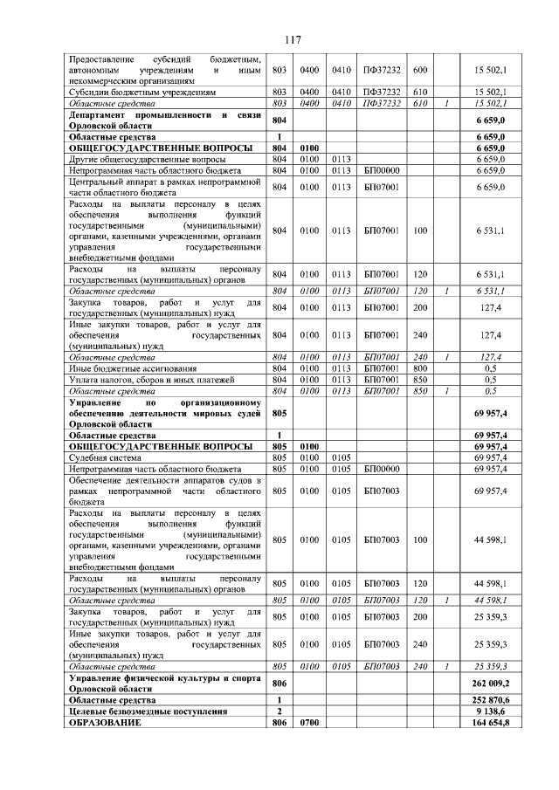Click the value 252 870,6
click(x=492, y=700)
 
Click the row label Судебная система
click(x=104, y=457)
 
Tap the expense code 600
click(x=419, y=69)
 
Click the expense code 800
click(x=419, y=368)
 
